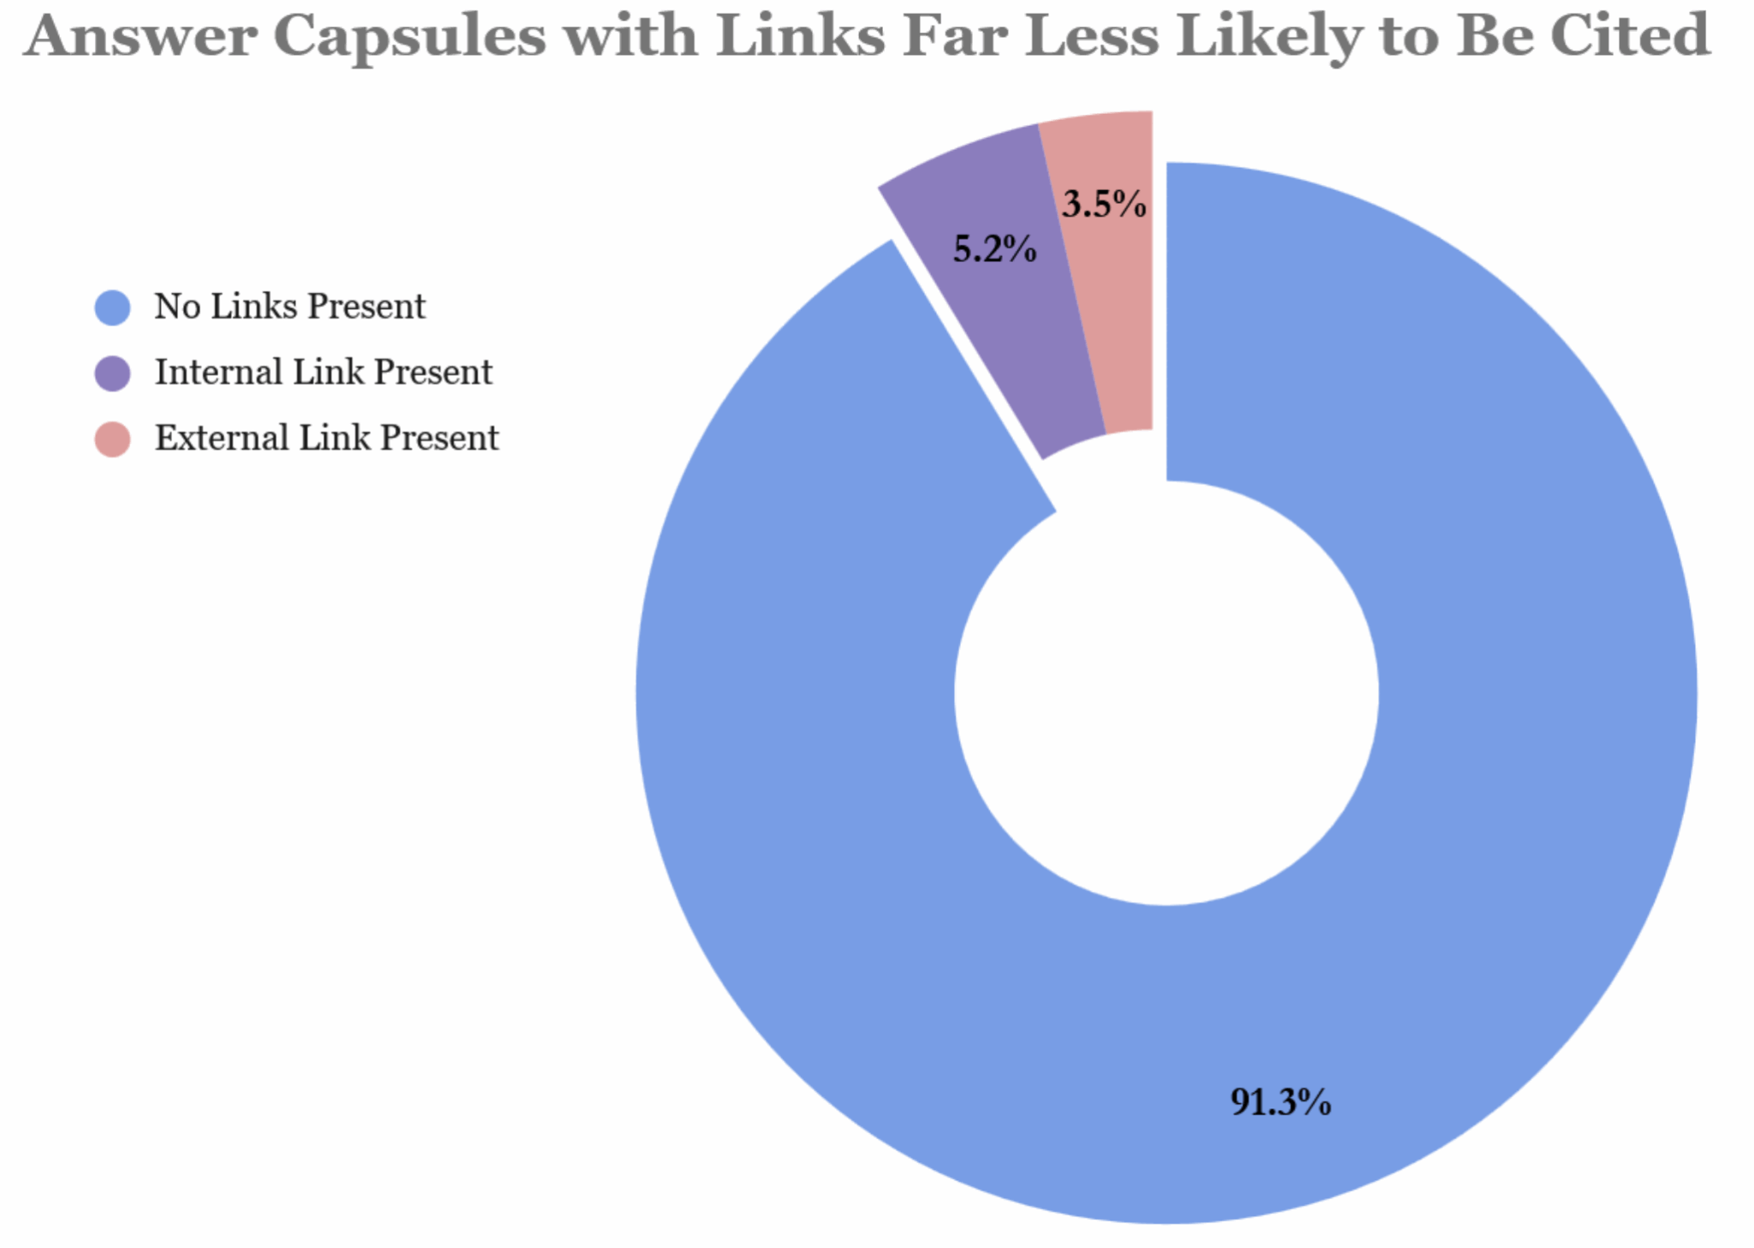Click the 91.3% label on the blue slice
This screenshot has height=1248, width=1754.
(1280, 1102)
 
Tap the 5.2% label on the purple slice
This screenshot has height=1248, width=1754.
(994, 249)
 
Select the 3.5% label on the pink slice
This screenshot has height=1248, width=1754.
(1104, 204)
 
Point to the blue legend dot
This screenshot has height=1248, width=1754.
(112, 308)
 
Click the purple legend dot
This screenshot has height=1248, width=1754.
(112, 373)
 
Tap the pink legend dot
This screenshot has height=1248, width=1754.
(112, 439)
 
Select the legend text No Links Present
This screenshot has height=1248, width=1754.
(289, 307)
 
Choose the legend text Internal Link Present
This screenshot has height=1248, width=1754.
(323, 373)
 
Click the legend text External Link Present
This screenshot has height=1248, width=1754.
(326, 439)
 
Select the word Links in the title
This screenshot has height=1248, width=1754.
(800, 36)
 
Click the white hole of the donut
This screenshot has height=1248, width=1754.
(1166, 693)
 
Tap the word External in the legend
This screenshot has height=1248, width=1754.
(221, 439)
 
